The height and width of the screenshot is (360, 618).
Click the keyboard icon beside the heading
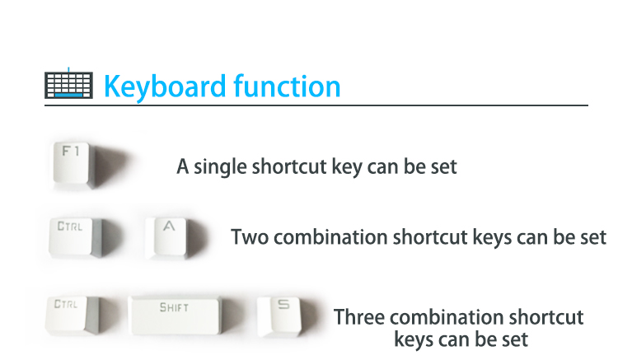pos(68,84)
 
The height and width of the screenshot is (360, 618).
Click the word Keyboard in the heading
pos(166,86)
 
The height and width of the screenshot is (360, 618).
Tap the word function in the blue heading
pos(287,86)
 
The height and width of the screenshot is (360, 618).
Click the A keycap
pos(169,238)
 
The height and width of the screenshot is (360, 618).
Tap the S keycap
pos(281,317)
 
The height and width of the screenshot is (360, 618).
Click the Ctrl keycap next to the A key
pos(76,237)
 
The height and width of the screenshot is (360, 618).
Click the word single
pos(222,167)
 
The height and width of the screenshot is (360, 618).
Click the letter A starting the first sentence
pos(182,166)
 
